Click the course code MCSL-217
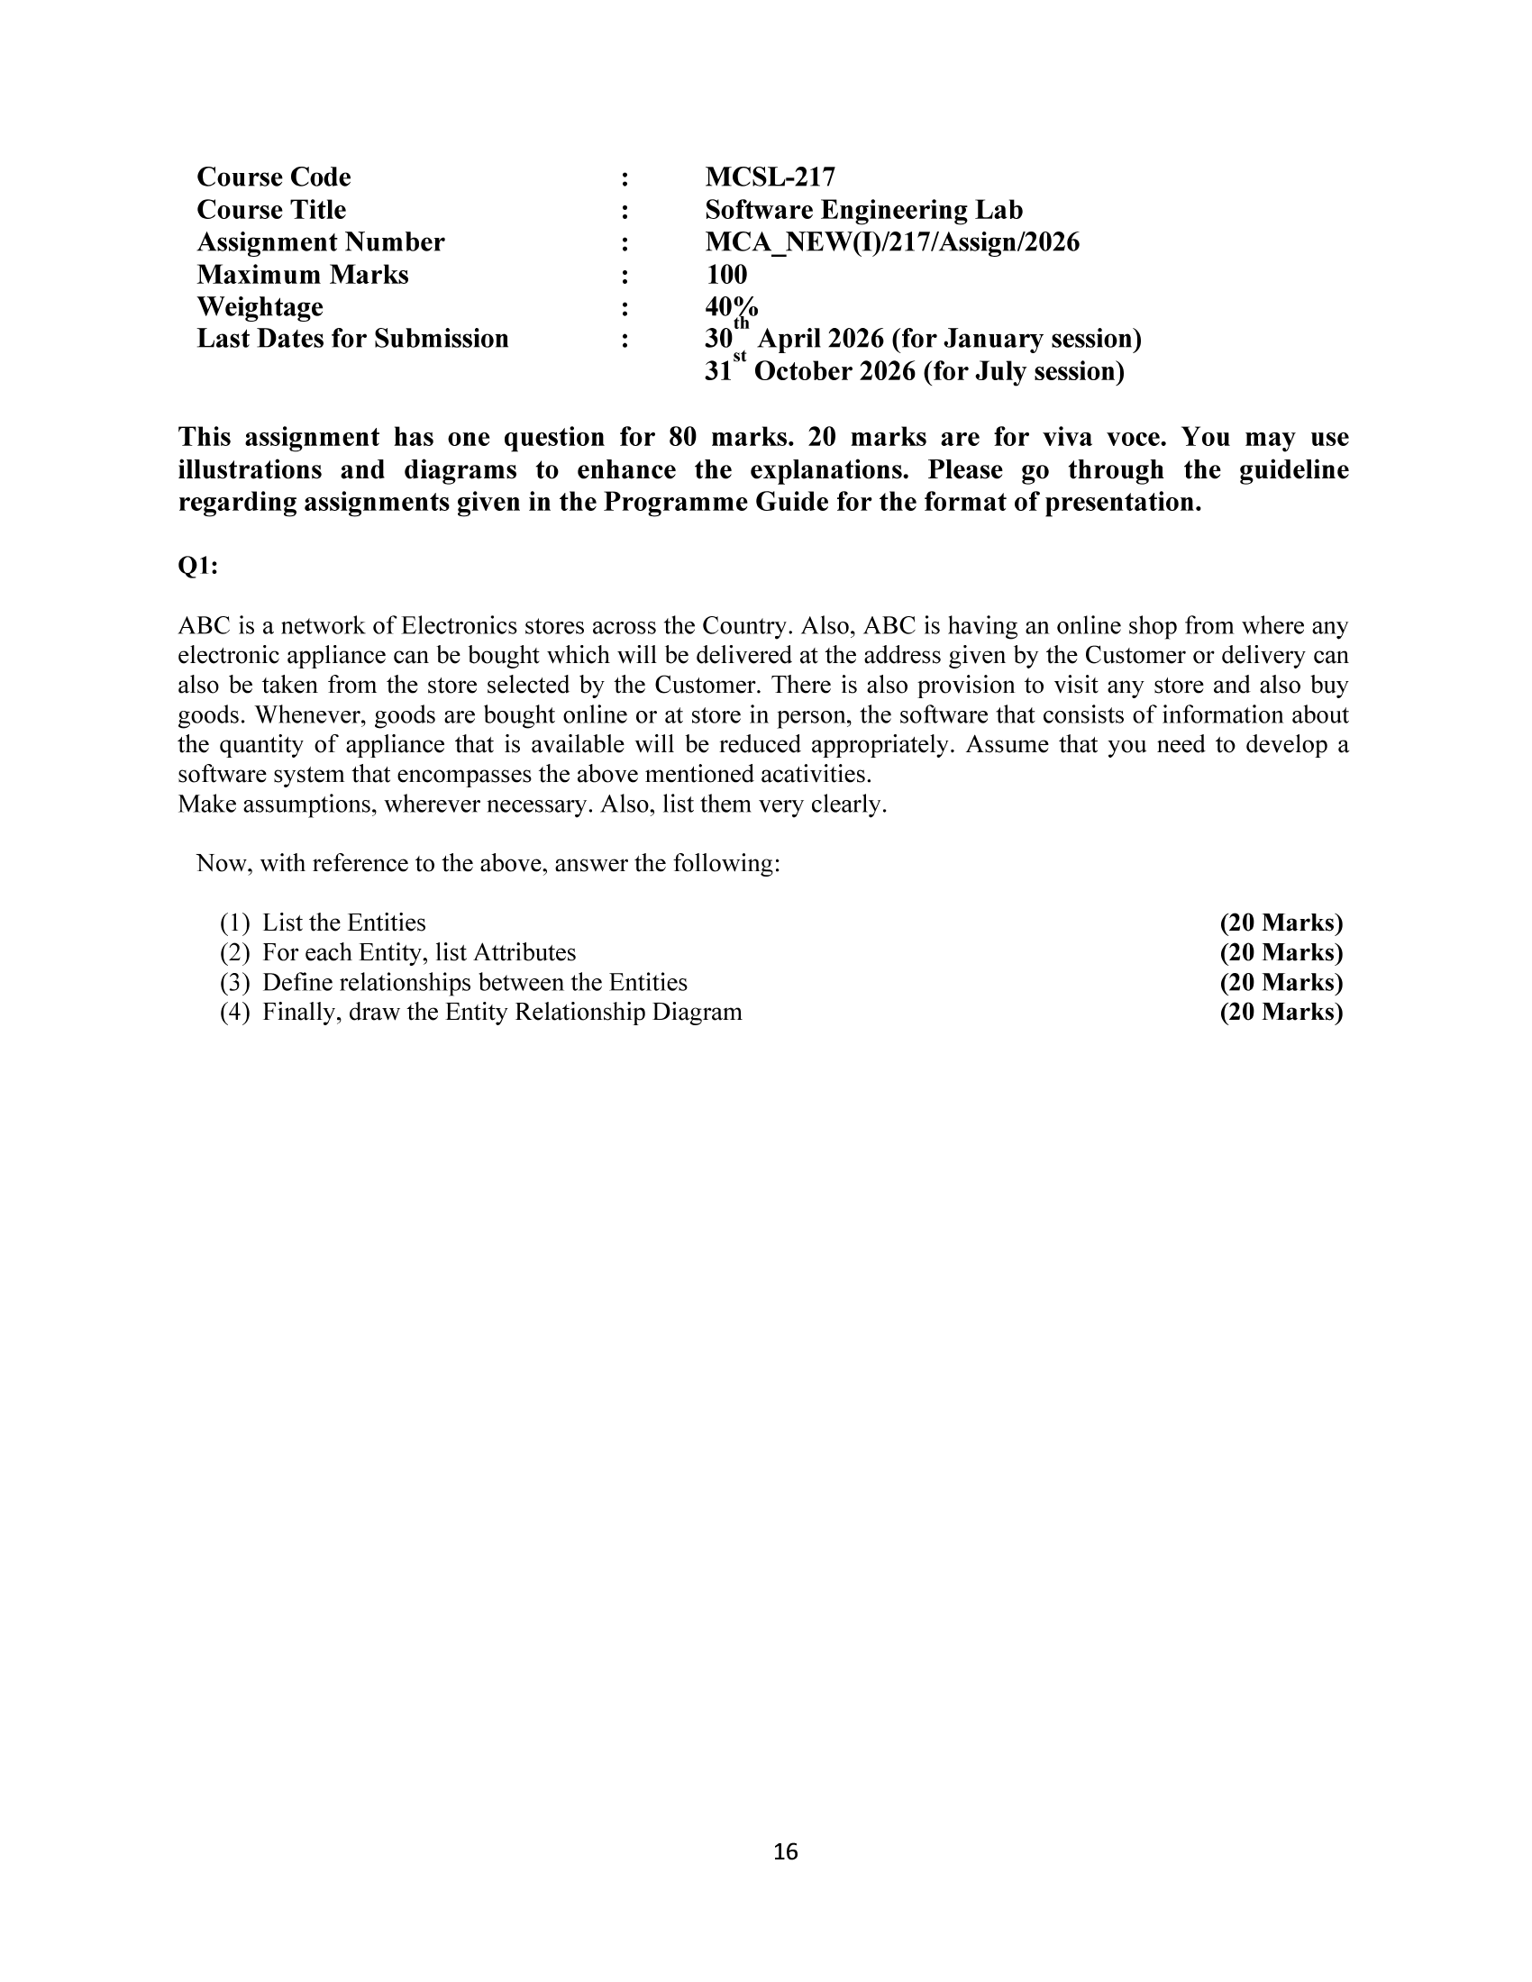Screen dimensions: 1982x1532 (x=770, y=177)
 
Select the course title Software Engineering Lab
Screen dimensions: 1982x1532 (x=863, y=210)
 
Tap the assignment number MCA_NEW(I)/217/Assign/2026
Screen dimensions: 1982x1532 (x=891, y=242)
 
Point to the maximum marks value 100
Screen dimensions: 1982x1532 (x=726, y=274)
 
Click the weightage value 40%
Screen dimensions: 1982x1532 (x=731, y=306)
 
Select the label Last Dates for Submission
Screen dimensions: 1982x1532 (x=352, y=339)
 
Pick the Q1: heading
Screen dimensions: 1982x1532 (x=198, y=566)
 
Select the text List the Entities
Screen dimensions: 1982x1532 (x=344, y=923)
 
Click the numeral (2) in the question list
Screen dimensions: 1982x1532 (x=234, y=953)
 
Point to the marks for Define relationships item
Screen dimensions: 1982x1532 (x=1281, y=983)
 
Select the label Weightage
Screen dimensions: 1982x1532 (x=260, y=306)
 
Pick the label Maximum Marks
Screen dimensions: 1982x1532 (x=302, y=274)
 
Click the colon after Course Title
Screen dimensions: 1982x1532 (x=625, y=210)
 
